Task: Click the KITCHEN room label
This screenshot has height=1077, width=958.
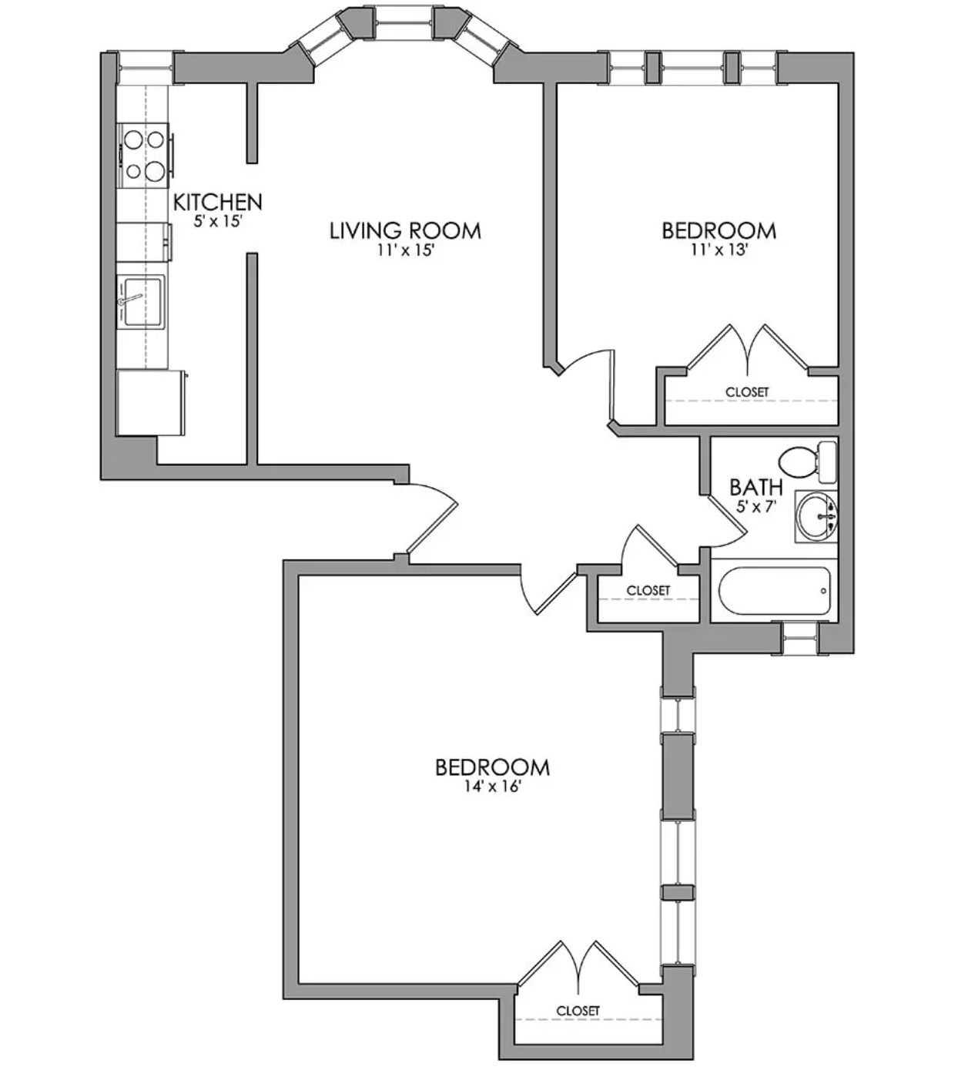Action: coord(218,202)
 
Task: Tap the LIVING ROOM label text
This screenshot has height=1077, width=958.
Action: coord(405,230)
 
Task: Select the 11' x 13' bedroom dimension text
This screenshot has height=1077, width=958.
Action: coord(719,250)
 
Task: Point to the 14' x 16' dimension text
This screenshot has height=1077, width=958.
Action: coord(492,787)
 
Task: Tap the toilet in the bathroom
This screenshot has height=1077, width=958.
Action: coord(808,462)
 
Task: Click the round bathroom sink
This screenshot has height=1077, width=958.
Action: coord(816,516)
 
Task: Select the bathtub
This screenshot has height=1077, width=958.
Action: coord(774,591)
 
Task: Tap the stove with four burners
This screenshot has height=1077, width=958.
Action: coord(145,155)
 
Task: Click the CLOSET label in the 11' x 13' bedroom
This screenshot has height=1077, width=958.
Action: coord(747,392)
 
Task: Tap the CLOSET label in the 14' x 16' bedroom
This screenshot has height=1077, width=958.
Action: coord(578,1011)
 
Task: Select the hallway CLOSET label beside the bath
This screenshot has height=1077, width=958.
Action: coord(648,591)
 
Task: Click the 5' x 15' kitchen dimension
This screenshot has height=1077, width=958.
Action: coord(218,220)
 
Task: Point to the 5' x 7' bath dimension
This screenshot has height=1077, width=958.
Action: coord(757,505)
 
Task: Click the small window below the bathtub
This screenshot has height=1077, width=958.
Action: coord(800,637)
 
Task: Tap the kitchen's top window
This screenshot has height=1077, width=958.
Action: coord(146,68)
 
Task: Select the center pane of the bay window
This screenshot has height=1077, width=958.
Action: coord(405,22)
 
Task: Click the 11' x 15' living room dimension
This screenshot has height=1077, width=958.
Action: coord(406,250)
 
